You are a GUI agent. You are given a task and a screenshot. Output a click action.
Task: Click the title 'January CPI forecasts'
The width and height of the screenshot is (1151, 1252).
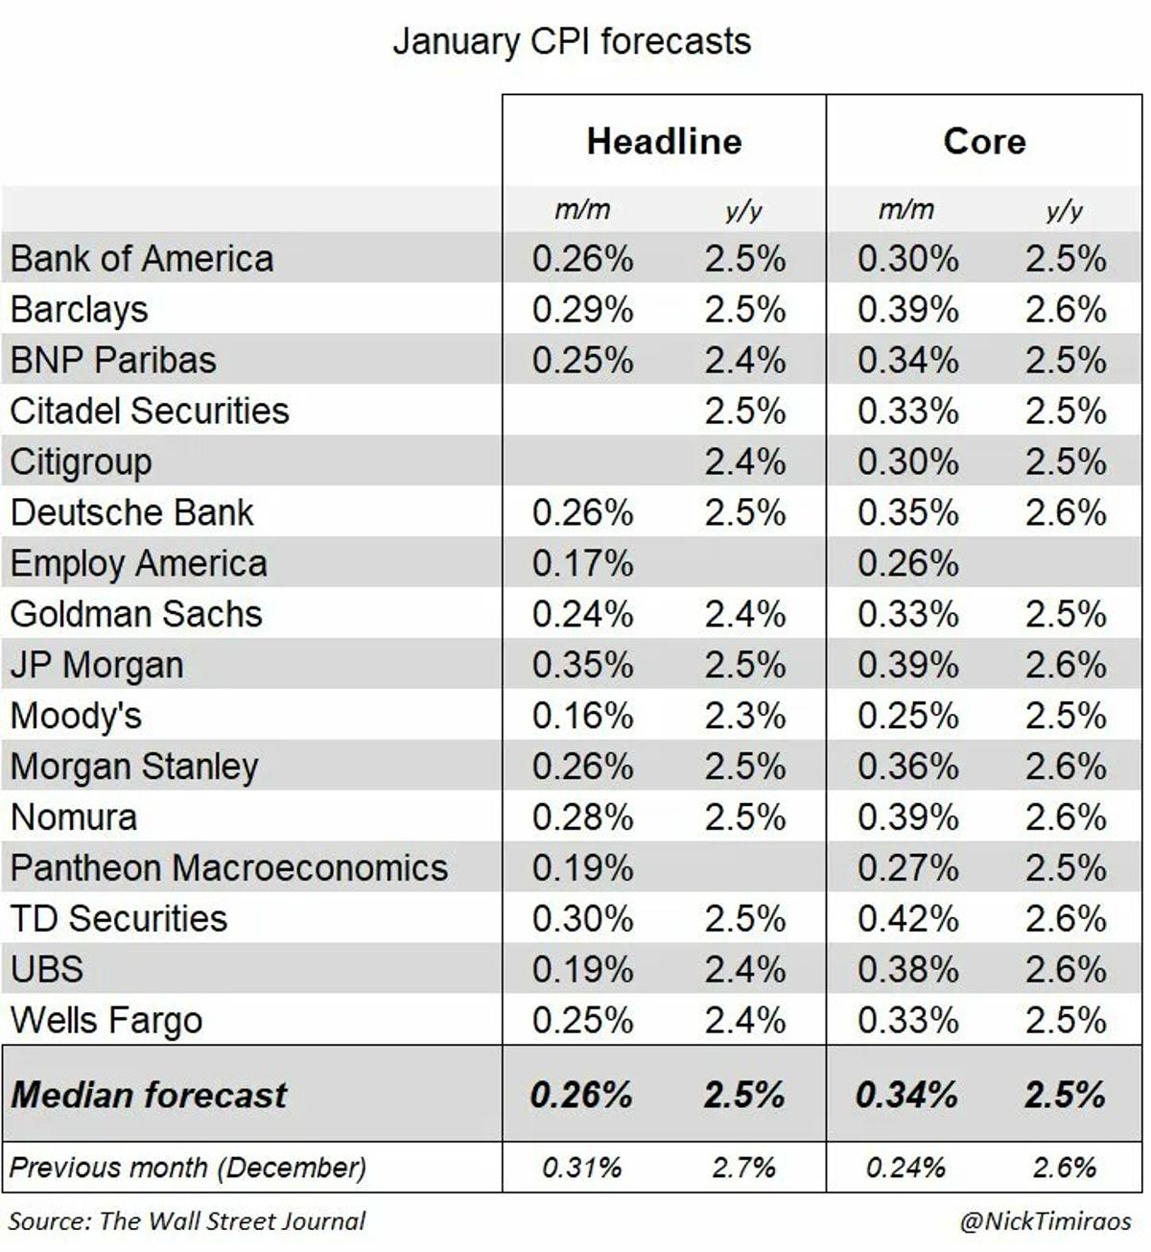tap(572, 42)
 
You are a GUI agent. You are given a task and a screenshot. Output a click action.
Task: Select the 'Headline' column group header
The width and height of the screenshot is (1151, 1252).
tap(664, 141)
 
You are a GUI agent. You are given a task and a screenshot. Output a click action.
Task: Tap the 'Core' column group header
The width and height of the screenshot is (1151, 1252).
tap(984, 141)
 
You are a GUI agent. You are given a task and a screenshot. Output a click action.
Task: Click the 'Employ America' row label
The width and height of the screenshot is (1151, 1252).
tap(139, 563)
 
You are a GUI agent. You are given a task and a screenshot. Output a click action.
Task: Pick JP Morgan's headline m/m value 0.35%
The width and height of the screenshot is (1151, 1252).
tap(582, 665)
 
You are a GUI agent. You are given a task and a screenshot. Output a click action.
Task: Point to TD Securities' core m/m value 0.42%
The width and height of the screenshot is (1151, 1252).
tap(907, 918)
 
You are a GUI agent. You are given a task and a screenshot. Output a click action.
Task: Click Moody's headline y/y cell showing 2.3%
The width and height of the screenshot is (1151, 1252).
tap(744, 716)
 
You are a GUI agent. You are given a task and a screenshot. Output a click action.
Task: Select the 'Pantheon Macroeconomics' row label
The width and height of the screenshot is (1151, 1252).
tap(229, 867)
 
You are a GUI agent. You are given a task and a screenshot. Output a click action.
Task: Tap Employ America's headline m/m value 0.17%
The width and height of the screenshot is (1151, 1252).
tap(582, 563)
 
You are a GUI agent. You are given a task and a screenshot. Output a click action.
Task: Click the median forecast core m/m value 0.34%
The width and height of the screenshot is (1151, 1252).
tap(906, 1095)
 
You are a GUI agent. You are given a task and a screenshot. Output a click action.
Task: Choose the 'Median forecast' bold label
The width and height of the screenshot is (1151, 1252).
tap(149, 1095)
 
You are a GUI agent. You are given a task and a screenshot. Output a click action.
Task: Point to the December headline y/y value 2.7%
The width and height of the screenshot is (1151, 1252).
tap(743, 1168)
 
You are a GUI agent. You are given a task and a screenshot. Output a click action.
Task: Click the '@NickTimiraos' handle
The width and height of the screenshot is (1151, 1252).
tap(1045, 1221)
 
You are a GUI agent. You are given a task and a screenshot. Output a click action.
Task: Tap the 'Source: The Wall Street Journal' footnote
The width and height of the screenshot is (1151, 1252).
tap(187, 1221)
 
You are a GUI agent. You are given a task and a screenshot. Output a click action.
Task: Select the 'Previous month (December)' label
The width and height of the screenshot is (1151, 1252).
tap(188, 1168)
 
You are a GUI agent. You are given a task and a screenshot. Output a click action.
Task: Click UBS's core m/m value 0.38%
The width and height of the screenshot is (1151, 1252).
tap(907, 969)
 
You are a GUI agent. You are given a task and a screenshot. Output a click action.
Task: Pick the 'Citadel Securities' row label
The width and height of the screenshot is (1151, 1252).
tap(150, 411)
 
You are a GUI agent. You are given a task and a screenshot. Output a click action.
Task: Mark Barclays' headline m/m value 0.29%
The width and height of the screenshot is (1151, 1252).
tap(582, 310)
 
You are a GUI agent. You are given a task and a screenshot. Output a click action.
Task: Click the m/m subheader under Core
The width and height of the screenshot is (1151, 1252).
tap(905, 209)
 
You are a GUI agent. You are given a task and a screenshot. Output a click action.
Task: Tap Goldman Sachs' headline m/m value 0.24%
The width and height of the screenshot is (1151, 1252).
tap(582, 614)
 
